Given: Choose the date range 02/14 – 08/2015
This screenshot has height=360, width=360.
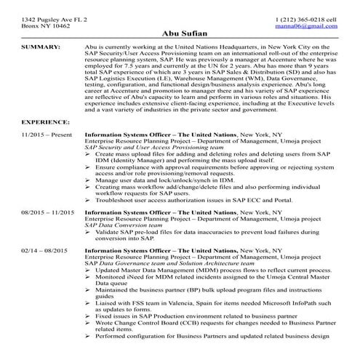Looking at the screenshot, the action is point(47,249).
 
